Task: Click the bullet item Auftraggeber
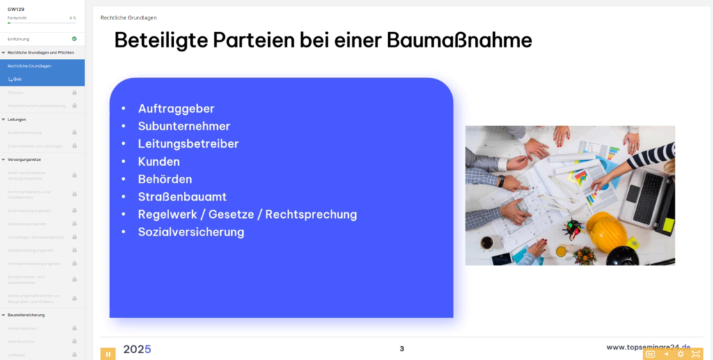tap(175, 109)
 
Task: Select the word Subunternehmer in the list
tap(184, 126)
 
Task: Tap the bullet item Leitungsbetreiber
tap(188, 143)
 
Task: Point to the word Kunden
tap(159, 162)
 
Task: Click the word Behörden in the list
tap(165, 179)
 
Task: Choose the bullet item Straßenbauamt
tap(182, 197)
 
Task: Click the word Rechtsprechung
tap(311, 214)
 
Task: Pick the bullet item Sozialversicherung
tap(191, 232)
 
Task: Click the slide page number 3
tap(402, 348)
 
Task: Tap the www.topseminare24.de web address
tap(648, 347)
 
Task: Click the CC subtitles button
tap(650, 354)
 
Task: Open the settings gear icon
tap(681, 354)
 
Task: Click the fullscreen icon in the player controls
tap(696, 354)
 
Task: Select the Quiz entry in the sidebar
tap(17, 79)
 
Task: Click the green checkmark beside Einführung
tap(74, 39)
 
